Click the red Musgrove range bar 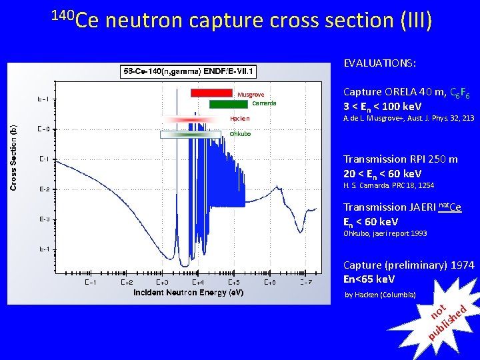click(211, 93)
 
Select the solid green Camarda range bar click(228, 104)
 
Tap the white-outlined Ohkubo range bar click(190, 134)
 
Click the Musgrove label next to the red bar click(251, 95)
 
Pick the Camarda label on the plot click(264, 103)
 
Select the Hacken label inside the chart click(239, 119)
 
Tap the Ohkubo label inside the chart click(240, 133)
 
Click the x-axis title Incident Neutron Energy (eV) click(188, 293)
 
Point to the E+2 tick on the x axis click(127, 282)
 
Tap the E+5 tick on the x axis click(234, 282)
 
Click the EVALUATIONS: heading click(379, 63)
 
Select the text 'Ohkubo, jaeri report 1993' click(385, 233)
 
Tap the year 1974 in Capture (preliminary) click(462, 265)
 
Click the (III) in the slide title click(417, 21)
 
